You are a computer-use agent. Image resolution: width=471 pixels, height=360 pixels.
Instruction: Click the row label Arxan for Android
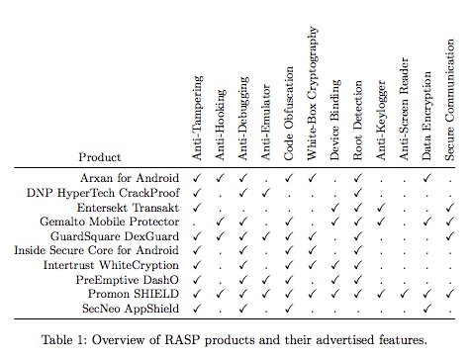click(x=134, y=177)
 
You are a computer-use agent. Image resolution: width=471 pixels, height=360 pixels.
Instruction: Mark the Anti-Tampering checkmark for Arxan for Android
click(x=197, y=177)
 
